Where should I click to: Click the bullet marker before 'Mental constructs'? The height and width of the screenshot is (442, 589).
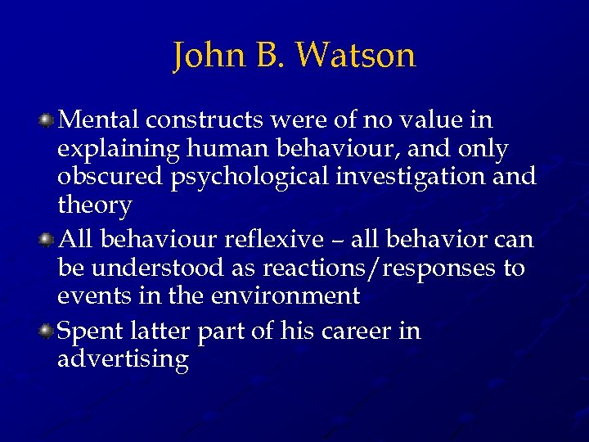click(48, 121)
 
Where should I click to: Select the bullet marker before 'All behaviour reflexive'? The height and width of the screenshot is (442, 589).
click(48, 239)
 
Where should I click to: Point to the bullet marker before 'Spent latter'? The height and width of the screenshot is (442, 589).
click(48, 331)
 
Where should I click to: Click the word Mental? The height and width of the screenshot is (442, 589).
click(99, 120)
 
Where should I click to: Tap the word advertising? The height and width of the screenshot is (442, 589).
click(124, 360)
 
